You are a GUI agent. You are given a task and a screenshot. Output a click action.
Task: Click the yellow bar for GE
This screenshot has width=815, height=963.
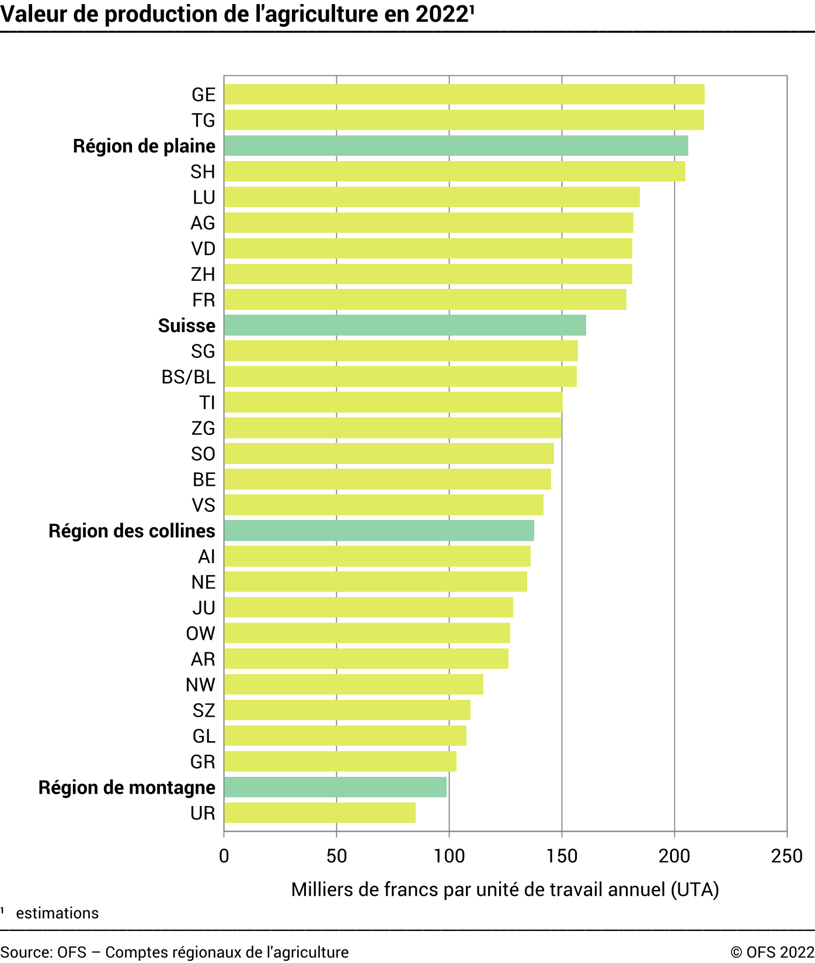tap(464, 95)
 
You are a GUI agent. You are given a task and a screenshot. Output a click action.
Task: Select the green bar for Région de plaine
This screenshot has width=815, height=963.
tap(456, 146)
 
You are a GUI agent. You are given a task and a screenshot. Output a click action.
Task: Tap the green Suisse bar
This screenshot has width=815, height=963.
tap(405, 325)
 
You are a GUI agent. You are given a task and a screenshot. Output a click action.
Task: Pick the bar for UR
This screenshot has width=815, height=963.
tap(319, 812)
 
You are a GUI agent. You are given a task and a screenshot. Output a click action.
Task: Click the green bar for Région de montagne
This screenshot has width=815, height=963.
tap(335, 787)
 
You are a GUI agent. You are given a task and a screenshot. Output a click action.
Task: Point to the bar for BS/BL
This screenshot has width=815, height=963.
tap(400, 376)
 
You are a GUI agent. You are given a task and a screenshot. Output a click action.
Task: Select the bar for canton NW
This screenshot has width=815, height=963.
tap(353, 684)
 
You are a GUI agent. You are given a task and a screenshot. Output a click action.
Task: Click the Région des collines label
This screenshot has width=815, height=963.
tap(132, 531)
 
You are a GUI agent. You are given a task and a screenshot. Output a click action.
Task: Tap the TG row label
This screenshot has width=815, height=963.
tap(203, 120)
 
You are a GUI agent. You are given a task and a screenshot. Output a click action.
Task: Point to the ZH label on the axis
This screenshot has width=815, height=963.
tap(203, 274)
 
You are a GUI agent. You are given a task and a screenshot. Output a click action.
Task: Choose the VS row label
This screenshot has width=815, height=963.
tap(203, 505)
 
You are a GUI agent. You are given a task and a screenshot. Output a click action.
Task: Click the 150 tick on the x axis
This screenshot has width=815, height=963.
tap(562, 856)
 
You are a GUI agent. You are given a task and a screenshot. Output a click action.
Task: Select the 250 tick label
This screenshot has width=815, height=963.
tap(786, 856)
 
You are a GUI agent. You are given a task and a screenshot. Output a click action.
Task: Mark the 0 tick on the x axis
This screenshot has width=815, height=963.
tap(224, 856)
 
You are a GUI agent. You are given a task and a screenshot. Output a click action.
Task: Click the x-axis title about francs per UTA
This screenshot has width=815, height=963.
tap(505, 889)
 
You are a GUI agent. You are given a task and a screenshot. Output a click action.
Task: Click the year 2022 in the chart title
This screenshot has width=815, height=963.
tap(442, 15)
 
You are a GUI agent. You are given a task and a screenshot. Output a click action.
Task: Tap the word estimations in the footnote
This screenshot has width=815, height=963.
tap(57, 913)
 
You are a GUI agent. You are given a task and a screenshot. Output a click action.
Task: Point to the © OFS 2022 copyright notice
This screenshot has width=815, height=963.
tap(772, 952)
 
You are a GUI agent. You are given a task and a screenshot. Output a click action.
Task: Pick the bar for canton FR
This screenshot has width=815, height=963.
tap(425, 299)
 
